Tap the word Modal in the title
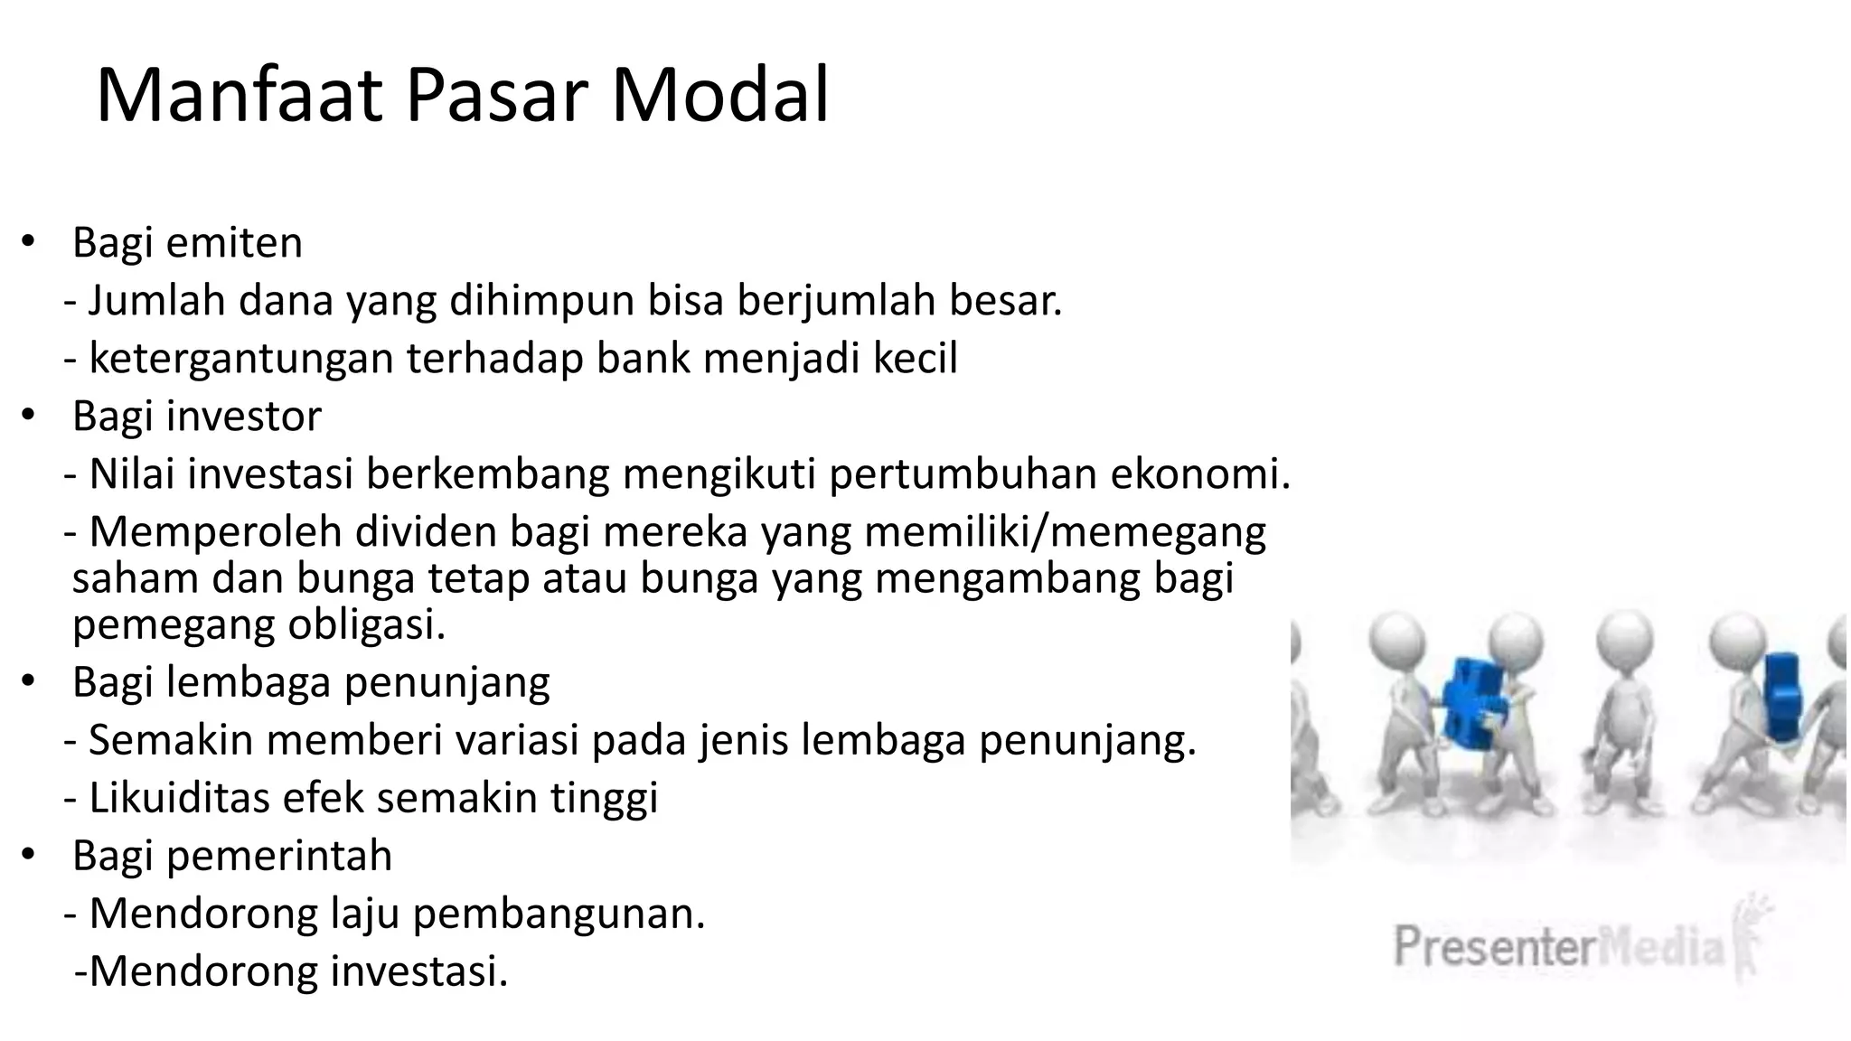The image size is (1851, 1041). [x=720, y=95]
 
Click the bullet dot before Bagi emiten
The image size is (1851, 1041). [x=29, y=242]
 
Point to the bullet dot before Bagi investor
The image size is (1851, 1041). [x=29, y=416]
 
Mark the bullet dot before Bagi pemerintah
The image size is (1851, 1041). [x=29, y=855]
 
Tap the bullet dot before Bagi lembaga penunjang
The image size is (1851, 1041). [x=29, y=681]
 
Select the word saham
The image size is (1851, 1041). [x=136, y=578]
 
